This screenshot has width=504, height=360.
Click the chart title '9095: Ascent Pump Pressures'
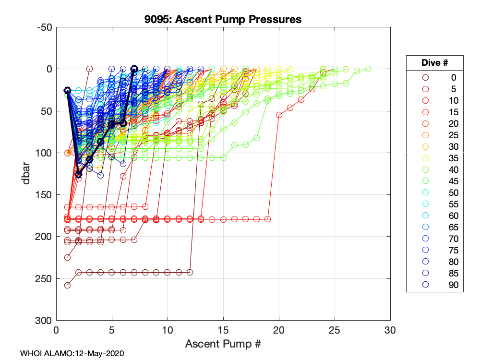coord(223,20)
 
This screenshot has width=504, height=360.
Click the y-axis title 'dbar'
coord(28,173)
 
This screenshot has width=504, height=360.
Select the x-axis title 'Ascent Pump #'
coord(223,344)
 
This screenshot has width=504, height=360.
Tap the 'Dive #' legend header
coord(435,63)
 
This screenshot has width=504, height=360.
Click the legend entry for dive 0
coord(435,77)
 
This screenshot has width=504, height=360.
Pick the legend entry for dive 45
coord(435,181)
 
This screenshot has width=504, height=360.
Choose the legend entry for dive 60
coord(435,216)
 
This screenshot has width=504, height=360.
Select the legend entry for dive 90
coord(435,285)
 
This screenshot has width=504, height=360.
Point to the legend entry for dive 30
coord(435,146)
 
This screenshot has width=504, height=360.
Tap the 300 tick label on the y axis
coord(45,321)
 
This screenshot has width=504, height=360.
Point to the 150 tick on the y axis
coord(45,195)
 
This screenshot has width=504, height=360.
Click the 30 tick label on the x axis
coord(390,331)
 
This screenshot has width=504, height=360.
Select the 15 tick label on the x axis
coord(223,331)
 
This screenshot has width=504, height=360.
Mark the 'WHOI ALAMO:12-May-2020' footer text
coord(72,353)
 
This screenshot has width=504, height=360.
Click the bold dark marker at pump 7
coord(134,69)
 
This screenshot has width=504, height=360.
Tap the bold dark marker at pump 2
coord(79,175)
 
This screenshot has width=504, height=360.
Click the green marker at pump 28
coord(368,69)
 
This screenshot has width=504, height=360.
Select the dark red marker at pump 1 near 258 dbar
coord(68,285)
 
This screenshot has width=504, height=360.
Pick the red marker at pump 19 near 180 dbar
coord(268,219)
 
